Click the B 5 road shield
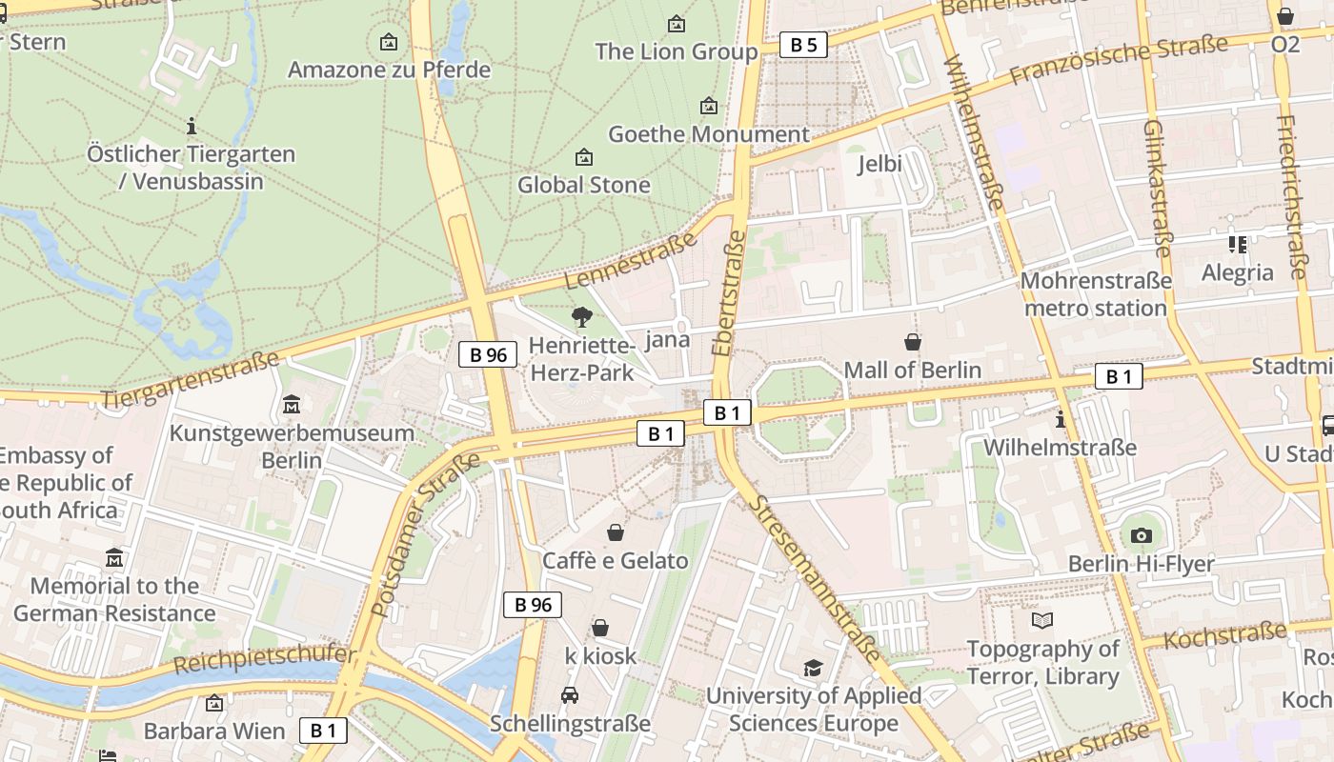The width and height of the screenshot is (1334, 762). pos(803,45)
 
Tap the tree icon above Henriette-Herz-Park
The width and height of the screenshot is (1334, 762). pos(581,317)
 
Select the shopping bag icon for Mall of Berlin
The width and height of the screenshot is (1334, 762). pos(913,342)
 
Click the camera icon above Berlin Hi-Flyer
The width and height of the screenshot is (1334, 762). pos(1141,536)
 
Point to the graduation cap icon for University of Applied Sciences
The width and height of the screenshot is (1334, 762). pos(813,669)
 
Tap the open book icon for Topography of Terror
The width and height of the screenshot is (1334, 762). pos(1042,621)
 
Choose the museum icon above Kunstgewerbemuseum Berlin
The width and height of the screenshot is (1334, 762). pos(292,405)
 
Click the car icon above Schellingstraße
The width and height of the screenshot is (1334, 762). pos(570,695)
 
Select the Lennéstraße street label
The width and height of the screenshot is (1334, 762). pos(631,260)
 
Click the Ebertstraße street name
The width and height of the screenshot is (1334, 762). pos(729,292)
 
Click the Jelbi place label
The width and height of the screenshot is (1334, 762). pos(879,164)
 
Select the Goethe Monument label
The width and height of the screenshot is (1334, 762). pos(708,134)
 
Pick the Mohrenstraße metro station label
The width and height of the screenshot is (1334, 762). pos(1096,294)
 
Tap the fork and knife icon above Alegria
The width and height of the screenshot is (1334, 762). pos(1238,245)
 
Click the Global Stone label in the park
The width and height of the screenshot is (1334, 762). pos(583,185)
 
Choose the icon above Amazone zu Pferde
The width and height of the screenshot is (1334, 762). pos(389,42)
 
